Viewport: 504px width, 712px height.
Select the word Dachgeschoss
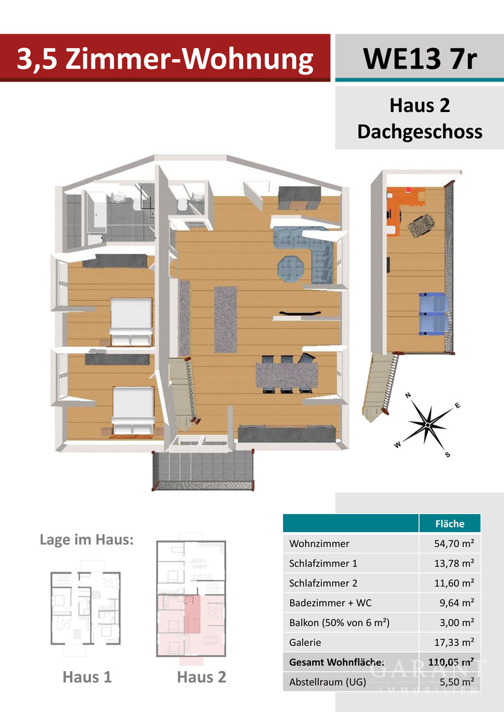coord(419,131)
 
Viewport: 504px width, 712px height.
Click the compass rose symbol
coord(428,424)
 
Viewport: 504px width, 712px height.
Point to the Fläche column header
coord(450,523)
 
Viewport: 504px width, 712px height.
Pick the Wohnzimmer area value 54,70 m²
coord(453,544)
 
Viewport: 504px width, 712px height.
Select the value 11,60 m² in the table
coord(453,583)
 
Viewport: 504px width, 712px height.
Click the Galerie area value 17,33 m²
coord(453,642)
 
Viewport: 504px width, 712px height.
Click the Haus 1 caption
coord(87,677)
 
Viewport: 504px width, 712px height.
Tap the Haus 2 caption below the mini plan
coord(201,677)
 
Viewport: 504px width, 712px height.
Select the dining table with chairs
coord(287,374)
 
